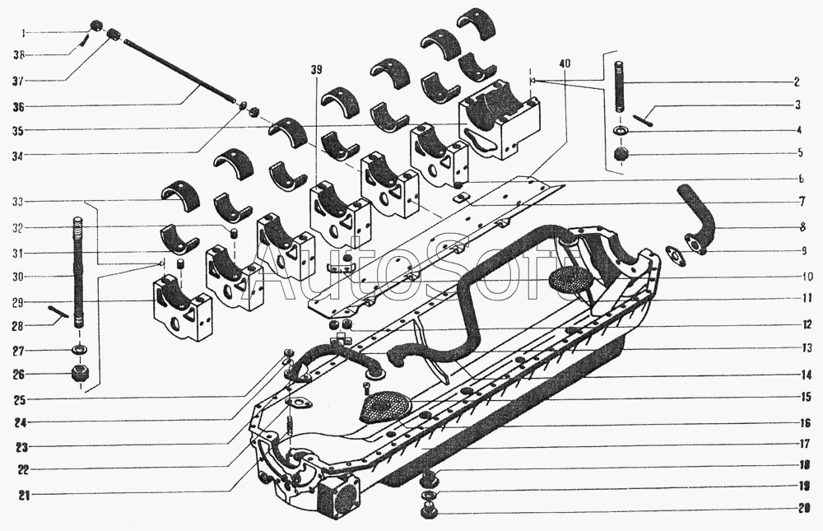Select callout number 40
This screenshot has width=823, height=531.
pyautogui.click(x=565, y=63)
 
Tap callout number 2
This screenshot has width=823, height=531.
pyautogui.click(x=797, y=82)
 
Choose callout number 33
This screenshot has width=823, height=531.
pyautogui.click(x=17, y=202)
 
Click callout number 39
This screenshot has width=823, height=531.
pyautogui.click(x=317, y=69)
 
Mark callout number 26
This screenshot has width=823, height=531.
pyautogui.click(x=17, y=375)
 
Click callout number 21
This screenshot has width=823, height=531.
pyautogui.click(x=17, y=495)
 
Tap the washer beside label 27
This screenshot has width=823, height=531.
pyautogui.click(x=81, y=352)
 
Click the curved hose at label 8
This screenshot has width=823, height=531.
pyautogui.click(x=697, y=216)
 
